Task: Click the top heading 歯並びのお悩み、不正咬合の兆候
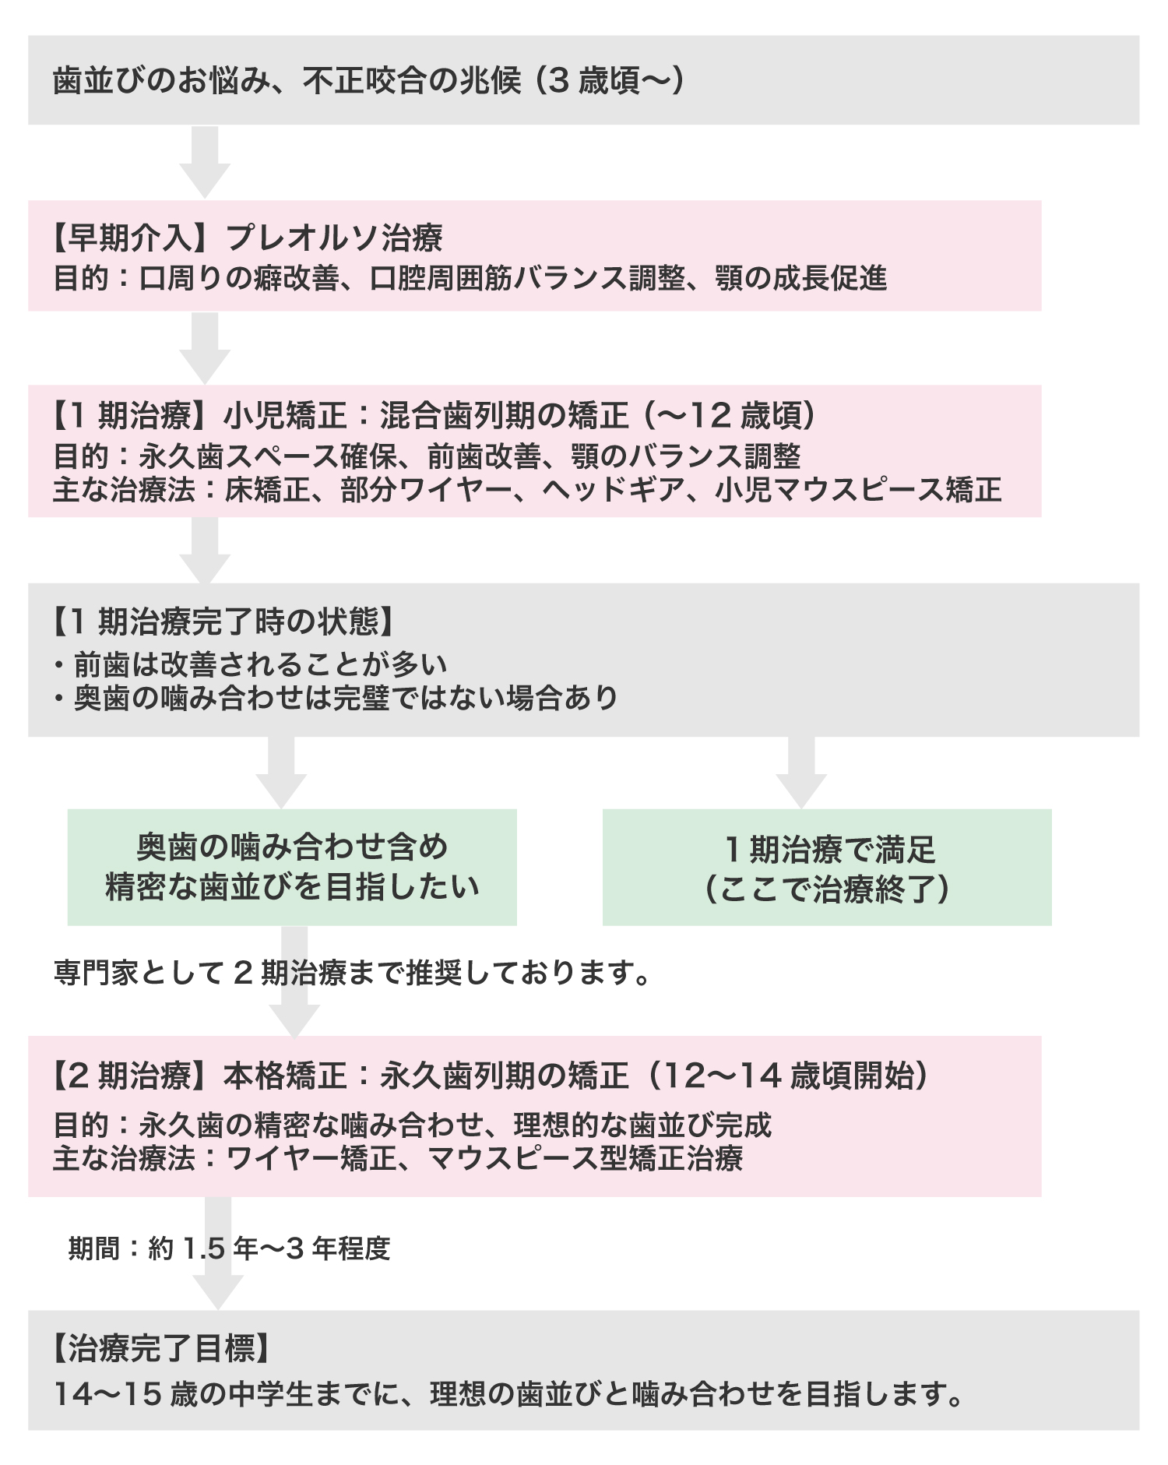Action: pos(287,80)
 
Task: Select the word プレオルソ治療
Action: pos(335,238)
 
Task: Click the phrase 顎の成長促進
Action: pos(801,278)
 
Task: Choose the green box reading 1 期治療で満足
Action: pos(827,867)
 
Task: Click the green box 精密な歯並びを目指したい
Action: pos(292,867)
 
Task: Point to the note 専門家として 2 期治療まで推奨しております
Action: pos(352,972)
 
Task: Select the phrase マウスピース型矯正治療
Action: pos(585,1158)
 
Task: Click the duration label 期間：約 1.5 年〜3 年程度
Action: pos(229,1248)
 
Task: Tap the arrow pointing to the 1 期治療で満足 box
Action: pos(801,773)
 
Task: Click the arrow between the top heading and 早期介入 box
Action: pos(205,162)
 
